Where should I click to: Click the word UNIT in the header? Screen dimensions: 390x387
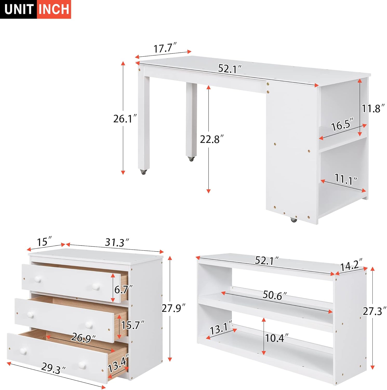[x=18, y=9]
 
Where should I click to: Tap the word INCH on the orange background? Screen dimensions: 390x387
[x=54, y=9]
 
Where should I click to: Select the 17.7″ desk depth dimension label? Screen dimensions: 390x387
[x=165, y=48]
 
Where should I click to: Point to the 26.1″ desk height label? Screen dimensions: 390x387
[x=125, y=119]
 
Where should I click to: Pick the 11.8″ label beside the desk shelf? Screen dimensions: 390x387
[x=373, y=108]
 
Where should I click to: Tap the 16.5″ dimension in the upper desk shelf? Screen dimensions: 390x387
[x=343, y=125]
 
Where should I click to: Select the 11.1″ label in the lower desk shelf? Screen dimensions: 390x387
[x=346, y=179]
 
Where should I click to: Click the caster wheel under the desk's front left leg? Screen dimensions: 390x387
[x=143, y=172]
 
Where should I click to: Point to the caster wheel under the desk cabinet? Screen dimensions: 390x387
[x=293, y=220]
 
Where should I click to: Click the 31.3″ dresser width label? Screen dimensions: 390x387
[x=117, y=243]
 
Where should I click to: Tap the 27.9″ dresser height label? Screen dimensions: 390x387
[x=173, y=308]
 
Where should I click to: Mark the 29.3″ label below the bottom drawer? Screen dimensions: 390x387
[x=54, y=368]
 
